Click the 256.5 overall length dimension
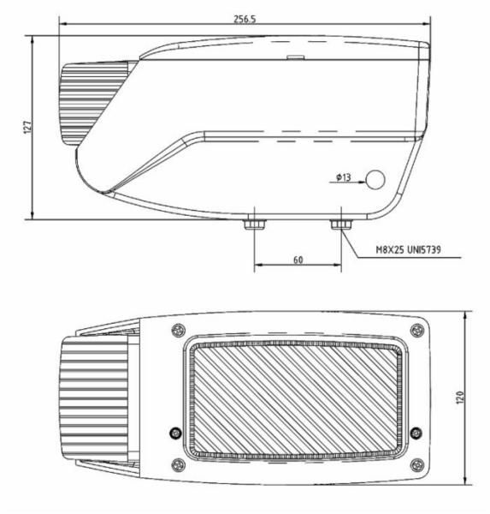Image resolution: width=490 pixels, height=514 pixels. (245, 20)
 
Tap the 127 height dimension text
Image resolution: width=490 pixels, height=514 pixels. (27, 127)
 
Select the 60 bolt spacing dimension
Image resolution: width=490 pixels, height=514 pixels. (298, 260)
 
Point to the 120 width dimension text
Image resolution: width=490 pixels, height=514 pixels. (460, 397)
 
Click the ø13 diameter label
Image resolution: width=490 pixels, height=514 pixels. (344, 177)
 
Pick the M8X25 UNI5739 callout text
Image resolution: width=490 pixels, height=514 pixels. (408, 250)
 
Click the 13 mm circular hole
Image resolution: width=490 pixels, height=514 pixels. (375, 180)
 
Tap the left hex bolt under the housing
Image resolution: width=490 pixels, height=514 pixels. (255, 224)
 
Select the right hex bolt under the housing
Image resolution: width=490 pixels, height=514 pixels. (341, 224)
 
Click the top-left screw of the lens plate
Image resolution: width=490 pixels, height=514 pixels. (179, 330)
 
